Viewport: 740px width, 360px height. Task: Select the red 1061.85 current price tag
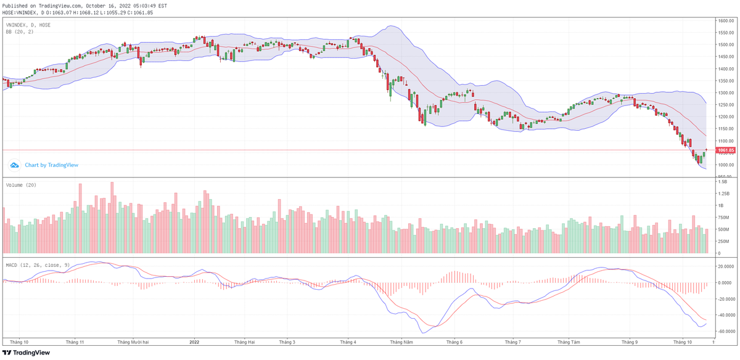(725, 150)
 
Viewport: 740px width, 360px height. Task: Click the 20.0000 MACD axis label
(725, 266)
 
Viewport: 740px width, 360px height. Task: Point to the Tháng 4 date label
(348, 341)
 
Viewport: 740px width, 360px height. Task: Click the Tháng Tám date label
(568, 341)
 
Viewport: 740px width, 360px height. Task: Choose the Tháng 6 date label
(454, 341)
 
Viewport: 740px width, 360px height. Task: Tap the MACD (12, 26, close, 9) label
(38, 265)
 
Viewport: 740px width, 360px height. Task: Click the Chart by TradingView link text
(51, 165)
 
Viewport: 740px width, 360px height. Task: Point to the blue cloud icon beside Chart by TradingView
(14, 165)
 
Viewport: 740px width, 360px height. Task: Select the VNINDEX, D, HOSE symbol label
(28, 25)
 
